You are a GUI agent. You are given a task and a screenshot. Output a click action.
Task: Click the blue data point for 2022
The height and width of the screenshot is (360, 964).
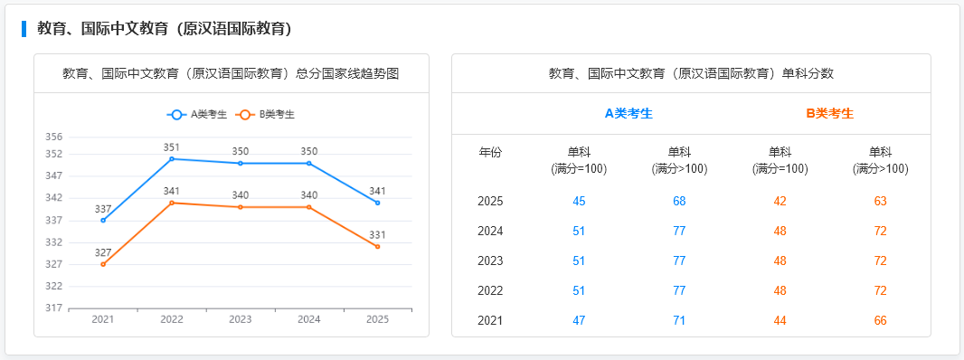coord(172,159)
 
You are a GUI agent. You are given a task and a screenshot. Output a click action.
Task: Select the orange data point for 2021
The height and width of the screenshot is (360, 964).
coord(103,264)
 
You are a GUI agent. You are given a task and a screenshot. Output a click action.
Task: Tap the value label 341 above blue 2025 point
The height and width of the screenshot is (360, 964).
coord(378,191)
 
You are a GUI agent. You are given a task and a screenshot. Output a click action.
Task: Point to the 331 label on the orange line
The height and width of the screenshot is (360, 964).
coord(378,235)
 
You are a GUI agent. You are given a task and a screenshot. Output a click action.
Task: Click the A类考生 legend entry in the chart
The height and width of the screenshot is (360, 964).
coord(197,115)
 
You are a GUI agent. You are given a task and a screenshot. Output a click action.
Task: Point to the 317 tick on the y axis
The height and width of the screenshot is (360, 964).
coord(53,308)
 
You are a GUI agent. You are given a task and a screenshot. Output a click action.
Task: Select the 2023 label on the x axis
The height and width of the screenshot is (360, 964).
coord(241,319)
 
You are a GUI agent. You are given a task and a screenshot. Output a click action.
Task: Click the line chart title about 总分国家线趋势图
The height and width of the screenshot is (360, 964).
coord(231,73)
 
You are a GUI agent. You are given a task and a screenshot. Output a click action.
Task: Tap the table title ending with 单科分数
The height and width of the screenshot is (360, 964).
coord(691,73)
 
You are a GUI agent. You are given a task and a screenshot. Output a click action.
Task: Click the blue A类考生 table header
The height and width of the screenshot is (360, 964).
coord(628,113)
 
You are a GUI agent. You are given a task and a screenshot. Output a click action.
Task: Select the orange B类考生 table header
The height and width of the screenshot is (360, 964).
coord(829,113)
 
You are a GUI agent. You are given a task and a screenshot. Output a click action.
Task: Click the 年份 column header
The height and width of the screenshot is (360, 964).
coord(490,153)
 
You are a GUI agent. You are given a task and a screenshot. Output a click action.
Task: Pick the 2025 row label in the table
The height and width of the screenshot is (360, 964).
coord(490,201)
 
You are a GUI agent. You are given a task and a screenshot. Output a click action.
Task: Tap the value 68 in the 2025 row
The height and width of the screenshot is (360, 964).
coord(679,201)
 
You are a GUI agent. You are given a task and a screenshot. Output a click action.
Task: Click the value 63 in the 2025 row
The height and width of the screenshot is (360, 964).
coord(880,201)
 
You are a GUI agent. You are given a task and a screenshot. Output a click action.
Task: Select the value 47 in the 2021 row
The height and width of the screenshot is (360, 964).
coord(579,320)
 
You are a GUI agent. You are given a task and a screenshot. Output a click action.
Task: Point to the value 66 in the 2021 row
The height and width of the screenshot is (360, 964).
coord(880,320)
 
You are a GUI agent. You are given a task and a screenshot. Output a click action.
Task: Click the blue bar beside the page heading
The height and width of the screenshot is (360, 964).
coord(24,29)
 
